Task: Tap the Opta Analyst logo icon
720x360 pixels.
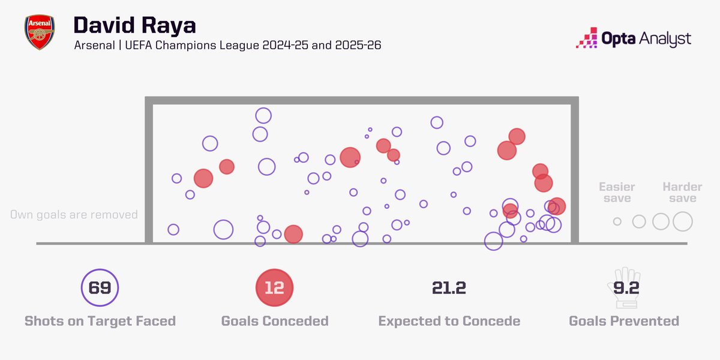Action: coord(587,38)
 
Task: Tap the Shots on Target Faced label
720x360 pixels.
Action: coord(100,321)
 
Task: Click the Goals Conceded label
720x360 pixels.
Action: coord(274,321)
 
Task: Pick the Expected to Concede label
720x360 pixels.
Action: coord(449,321)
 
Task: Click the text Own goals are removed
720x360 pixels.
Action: coord(74,215)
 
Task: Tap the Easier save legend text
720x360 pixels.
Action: coord(617,193)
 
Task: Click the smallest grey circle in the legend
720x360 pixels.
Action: coord(617,221)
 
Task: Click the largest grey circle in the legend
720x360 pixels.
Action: coord(682,221)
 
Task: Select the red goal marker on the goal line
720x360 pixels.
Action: coord(293,234)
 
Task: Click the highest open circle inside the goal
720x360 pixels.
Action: coord(263,116)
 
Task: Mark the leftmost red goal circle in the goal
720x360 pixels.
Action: coord(203,178)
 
